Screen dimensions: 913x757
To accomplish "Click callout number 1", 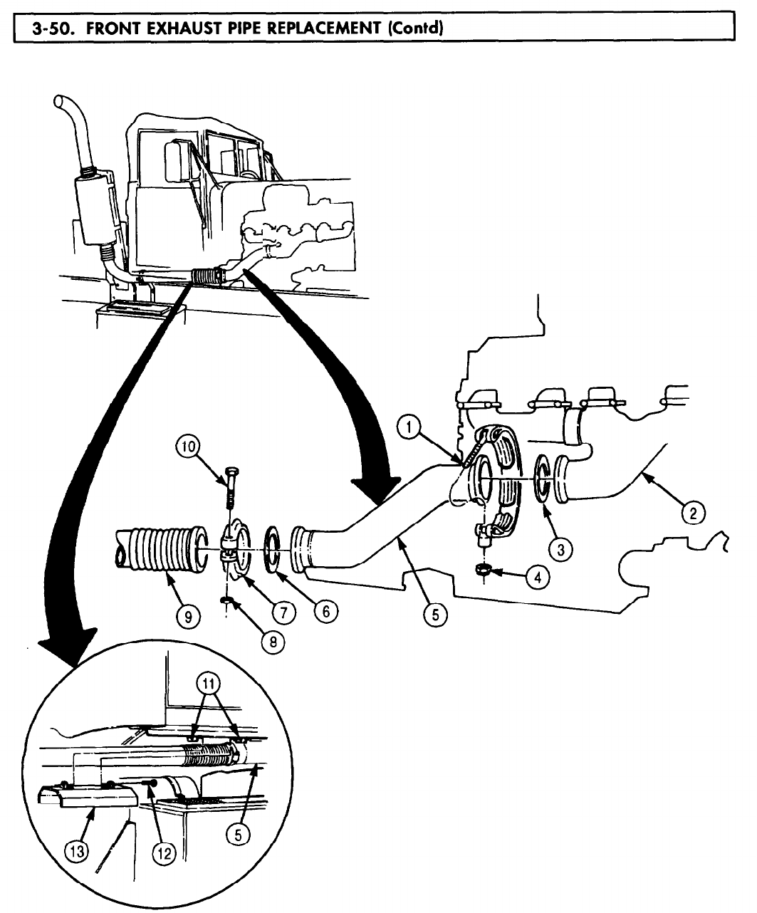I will pyautogui.click(x=407, y=429).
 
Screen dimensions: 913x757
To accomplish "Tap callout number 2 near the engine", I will pyautogui.click(x=694, y=511).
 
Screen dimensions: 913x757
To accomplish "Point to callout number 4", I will pyautogui.click(x=538, y=578).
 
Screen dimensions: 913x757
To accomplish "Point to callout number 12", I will pyautogui.click(x=165, y=853).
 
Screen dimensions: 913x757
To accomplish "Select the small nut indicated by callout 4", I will pyautogui.click(x=484, y=569).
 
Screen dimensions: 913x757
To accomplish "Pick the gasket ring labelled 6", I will pyautogui.click(x=274, y=548).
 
